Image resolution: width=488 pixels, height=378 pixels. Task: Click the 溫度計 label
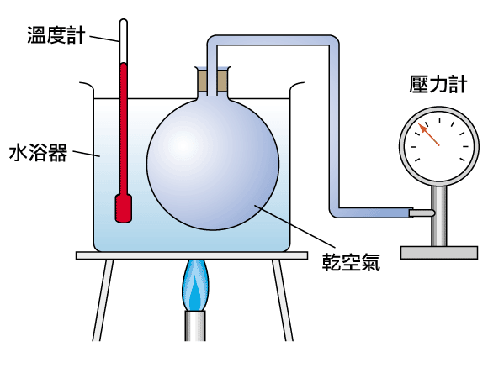click(x=56, y=34)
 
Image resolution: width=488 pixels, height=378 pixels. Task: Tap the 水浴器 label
click(x=38, y=152)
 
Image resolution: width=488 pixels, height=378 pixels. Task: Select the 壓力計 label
click(x=438, y=84)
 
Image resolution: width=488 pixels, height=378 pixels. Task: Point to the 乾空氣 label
click(x=351, y=262)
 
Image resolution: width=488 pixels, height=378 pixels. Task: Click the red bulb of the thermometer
click(x=124, y=208)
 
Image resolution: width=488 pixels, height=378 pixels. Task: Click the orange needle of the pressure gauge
click(x=428, y=134)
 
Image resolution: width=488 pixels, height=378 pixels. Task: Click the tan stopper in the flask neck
click(x=213, y=81)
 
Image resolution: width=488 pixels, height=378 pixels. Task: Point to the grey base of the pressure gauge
click(x=439, y=253)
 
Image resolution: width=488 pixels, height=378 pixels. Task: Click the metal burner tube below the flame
click(x=195, y=326)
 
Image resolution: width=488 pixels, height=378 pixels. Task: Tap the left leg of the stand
click(x=103, y=300)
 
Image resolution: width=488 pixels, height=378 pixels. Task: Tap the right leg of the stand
click(x=283, y=300)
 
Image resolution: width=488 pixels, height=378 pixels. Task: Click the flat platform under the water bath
click(x=192, y=255)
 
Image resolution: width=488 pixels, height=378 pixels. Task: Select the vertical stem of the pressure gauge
click(x=439, y=216)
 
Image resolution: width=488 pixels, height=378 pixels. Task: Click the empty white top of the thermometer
click(x=124, y=41)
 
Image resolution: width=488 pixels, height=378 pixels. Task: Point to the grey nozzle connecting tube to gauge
click(x=422, y=213)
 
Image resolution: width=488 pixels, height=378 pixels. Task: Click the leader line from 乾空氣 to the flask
click(x=295, y=227)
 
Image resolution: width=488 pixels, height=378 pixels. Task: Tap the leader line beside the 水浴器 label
click(x=87, y=154)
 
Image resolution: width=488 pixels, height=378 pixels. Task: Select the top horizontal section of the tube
click(x=273, y=40)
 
